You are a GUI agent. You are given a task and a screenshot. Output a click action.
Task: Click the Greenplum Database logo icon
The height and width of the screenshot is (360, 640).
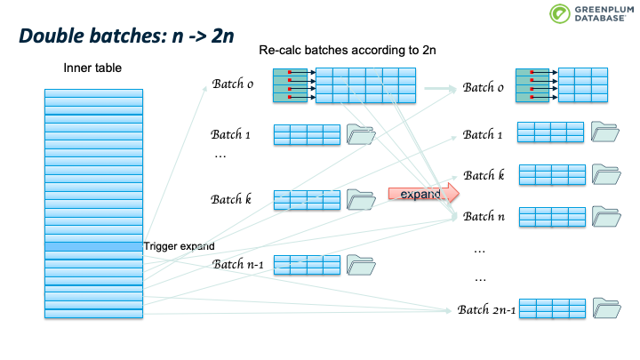point(559,14)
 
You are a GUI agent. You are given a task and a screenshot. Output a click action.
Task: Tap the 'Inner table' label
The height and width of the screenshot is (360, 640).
point(92,68)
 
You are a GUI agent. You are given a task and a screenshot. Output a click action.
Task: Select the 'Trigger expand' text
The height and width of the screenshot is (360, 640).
point(179,246)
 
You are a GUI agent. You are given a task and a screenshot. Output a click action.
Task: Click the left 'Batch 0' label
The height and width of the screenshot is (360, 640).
point(233,84)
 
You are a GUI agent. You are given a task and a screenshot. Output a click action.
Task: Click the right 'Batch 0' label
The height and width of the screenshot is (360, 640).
point(484,88)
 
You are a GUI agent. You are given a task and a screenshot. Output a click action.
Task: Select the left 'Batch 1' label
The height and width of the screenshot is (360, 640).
point(232,134)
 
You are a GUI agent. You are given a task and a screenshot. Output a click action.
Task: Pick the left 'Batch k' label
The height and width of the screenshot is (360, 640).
point(231,198)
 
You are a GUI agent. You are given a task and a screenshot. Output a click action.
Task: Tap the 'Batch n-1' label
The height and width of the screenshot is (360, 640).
point(237,264)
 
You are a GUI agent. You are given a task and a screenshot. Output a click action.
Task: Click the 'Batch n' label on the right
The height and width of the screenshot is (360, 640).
point(484,216)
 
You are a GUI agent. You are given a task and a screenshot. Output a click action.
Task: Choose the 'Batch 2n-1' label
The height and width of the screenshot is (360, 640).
point(486,309)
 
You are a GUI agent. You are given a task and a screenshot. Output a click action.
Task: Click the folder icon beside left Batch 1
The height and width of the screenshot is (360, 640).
point(361,134)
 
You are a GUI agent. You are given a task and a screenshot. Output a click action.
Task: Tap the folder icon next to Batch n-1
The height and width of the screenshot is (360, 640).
point(361,264)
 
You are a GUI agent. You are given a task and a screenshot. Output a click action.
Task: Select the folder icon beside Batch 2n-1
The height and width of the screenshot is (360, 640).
point(605,308)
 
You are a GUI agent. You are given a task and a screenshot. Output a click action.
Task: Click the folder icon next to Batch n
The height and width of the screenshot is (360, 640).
point(605,215)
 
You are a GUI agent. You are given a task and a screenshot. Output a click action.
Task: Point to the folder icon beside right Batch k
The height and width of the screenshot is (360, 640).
point(605,174)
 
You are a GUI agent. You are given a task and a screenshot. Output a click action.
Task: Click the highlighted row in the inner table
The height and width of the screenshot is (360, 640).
point(93,246)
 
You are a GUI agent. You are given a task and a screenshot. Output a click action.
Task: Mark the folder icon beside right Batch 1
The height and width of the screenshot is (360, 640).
point(605,132)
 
